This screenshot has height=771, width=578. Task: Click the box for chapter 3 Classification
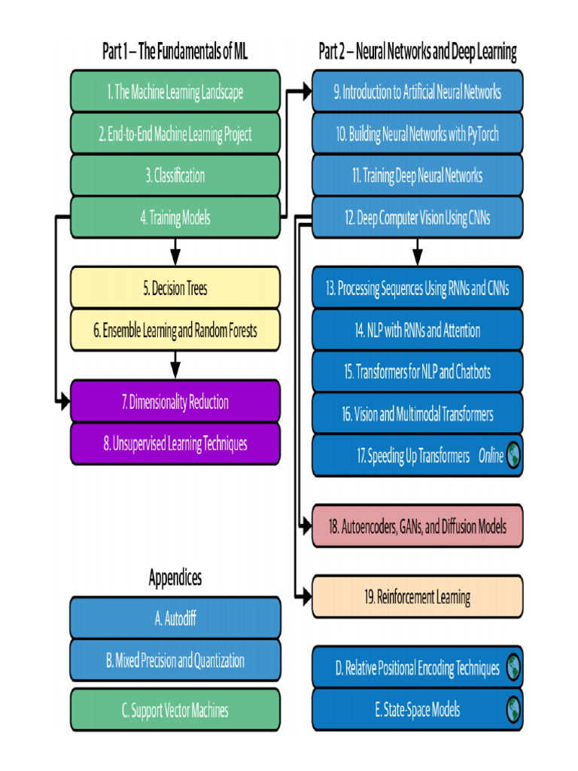click(175, 175)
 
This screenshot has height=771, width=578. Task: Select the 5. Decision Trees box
click(175, 288)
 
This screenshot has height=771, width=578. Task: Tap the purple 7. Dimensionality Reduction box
click(175, 401)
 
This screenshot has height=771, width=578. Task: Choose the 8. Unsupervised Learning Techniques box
click(175, 443)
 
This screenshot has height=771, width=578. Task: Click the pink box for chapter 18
click(417, 526)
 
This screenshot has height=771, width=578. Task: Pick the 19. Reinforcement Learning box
click(417, 596)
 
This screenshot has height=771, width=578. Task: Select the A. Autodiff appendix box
click(175, 617)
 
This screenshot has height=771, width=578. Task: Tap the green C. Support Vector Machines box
click(175, 709)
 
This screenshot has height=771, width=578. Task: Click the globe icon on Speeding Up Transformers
click(513, 456)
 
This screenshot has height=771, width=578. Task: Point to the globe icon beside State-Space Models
click(513, 709)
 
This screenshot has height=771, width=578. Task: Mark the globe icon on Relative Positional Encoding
click(513, 667)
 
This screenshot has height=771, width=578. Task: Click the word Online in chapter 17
click(491, 456)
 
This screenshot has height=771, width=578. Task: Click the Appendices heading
click(175, 577)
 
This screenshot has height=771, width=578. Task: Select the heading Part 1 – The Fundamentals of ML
click(175, 51)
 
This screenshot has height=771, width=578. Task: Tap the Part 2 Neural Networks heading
click(417, 52)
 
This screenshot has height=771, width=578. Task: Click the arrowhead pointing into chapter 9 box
click(307, 91)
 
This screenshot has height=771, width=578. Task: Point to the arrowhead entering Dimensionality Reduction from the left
click(65, 401)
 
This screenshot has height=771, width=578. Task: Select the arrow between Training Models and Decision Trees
click(175, 252)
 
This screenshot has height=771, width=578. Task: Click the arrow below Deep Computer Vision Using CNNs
click(417, 252)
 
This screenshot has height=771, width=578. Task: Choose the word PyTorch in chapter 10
click(482, 134)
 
